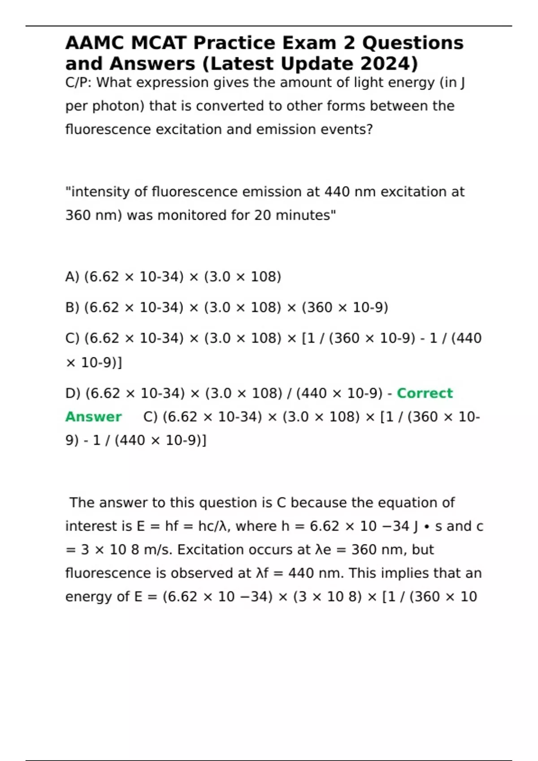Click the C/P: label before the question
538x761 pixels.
coord(79,83)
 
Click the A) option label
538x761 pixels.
coord(72,277)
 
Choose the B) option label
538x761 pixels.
coord(72,308)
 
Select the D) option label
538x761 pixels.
coord(73,393)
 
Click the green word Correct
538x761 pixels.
coord(425,393)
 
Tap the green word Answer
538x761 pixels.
coord(93,417)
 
